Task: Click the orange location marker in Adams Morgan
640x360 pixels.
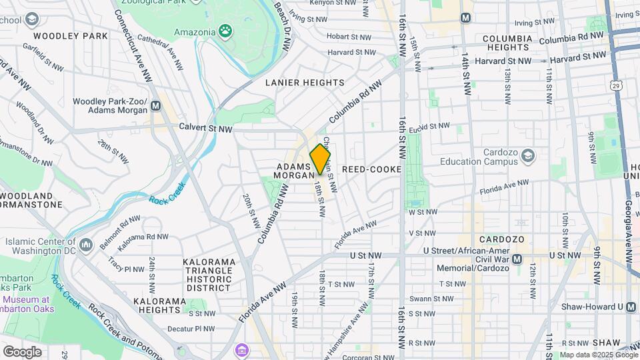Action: pos(321,160)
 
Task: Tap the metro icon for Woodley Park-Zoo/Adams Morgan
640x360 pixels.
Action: pos(156,105)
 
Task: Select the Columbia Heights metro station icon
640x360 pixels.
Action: pos(465,18)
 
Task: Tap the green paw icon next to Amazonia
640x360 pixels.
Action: pos(227,31)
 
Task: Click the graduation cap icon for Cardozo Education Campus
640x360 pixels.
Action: pos(528,155)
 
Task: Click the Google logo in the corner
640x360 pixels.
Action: pos(22,351)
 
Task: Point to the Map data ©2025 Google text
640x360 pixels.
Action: pos(598,355)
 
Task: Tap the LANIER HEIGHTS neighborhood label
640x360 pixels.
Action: pos(305,83)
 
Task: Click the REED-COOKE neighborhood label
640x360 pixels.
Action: pos(371,169)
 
